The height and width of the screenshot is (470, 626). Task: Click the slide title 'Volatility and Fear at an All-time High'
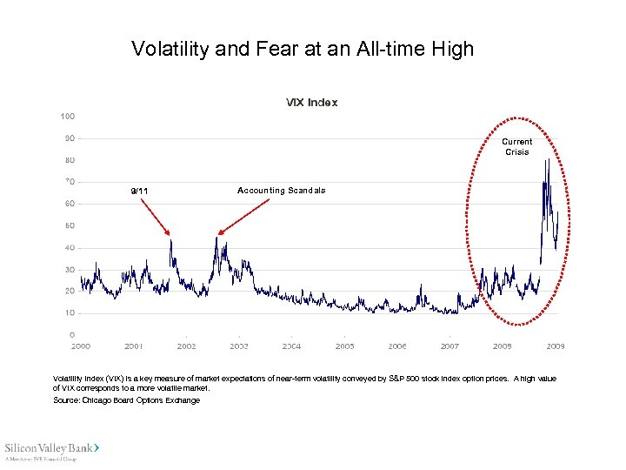coord(303,49)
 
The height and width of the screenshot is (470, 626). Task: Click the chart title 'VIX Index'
coord(311,102)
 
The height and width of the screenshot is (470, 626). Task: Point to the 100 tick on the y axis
coord(67,116)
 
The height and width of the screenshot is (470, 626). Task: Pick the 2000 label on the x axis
coord(80,346)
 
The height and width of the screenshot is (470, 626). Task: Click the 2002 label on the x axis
coord(186,346)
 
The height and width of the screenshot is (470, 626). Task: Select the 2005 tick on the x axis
coord(344,346)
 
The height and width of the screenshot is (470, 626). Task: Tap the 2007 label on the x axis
coord(450,346)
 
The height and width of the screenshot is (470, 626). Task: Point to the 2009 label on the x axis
coord(555,346)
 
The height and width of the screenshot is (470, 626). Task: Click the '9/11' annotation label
coord(139,191)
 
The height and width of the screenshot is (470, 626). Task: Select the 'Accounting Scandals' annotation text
coord(281,191)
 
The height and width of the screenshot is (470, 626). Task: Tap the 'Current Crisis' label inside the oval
coord(517,146)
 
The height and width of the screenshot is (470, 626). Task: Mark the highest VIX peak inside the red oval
coord(548,160)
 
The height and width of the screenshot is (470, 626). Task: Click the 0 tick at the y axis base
coord(71,334)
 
